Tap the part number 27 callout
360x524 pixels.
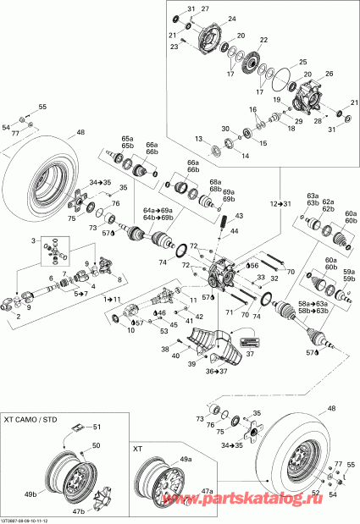[204, 8]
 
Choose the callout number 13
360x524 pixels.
[198, 138]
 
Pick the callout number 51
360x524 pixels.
[97, 427]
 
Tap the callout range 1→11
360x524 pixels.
[112, 300]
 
